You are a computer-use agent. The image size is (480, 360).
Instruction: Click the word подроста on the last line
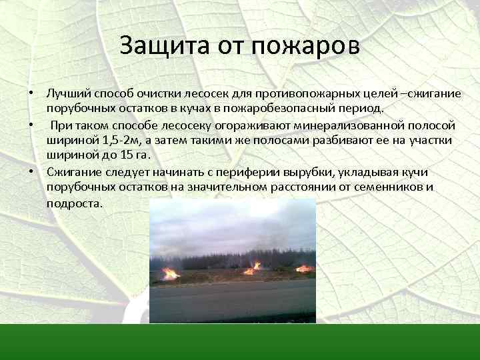[75, 203]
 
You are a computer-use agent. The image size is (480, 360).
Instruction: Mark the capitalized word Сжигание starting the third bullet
[71, 171]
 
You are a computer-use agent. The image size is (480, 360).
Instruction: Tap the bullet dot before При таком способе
[31, 125]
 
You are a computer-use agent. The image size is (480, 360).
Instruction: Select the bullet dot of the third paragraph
[31, 171]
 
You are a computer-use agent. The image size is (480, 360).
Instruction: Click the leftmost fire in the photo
[171, 273]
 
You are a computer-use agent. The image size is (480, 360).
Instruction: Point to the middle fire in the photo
[253, 269]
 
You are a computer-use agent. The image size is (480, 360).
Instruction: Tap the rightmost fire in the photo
[304, 269]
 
